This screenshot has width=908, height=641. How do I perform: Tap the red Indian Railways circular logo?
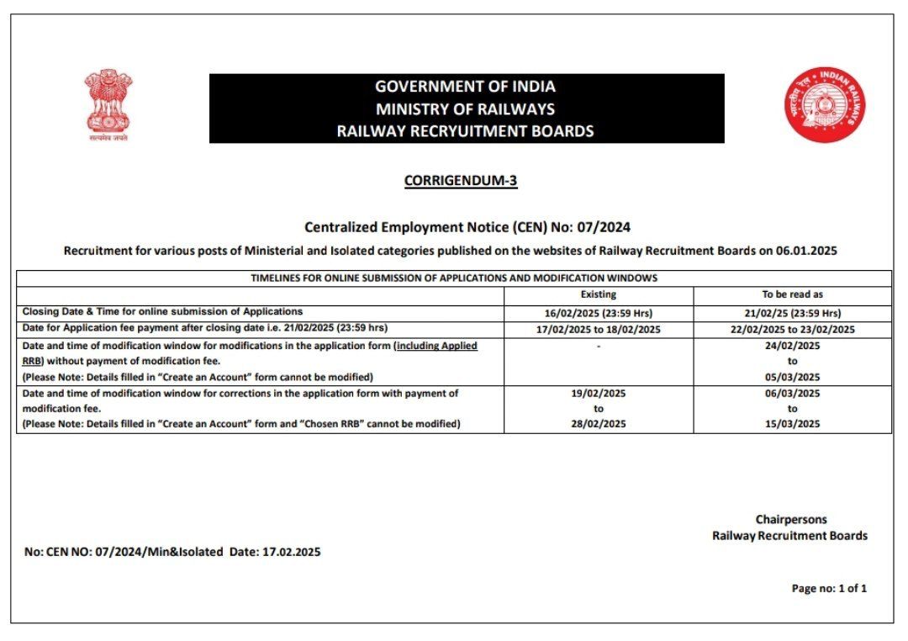(x=825, y=104)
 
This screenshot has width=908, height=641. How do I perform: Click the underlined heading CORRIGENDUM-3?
(x=461, y=180)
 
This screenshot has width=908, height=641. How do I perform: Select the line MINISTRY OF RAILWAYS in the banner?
(x=465, y=109)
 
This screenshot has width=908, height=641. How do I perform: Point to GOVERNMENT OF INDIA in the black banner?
(x=465, y=86)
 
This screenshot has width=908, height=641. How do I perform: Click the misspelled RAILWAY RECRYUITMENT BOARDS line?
(x=465, y=130)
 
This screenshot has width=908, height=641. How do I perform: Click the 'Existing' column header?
(x=599, y=294)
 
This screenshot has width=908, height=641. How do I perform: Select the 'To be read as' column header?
(x=792, y=294)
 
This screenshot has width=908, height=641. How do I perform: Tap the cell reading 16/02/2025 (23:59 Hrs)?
(x=599, y=312)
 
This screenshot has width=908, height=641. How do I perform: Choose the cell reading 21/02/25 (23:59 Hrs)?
(x=792, y=312)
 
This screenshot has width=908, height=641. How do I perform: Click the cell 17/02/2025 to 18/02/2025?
(x=599, y=329)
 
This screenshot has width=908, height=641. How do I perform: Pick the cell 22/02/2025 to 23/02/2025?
(x=792, y=329)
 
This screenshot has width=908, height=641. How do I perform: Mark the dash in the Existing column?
(x=599, y=346)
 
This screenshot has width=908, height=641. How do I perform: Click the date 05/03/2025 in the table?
(x=792, y=377)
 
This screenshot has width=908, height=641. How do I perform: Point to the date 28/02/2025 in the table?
(x=599, y=424)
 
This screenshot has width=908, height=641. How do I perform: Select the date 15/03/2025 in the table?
(x=792, y=424)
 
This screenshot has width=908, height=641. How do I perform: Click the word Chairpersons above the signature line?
(x=790, y=519)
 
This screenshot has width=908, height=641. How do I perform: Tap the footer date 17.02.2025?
(x=292, y=552)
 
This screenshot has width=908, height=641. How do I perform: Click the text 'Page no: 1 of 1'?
(x=828, y=588)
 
